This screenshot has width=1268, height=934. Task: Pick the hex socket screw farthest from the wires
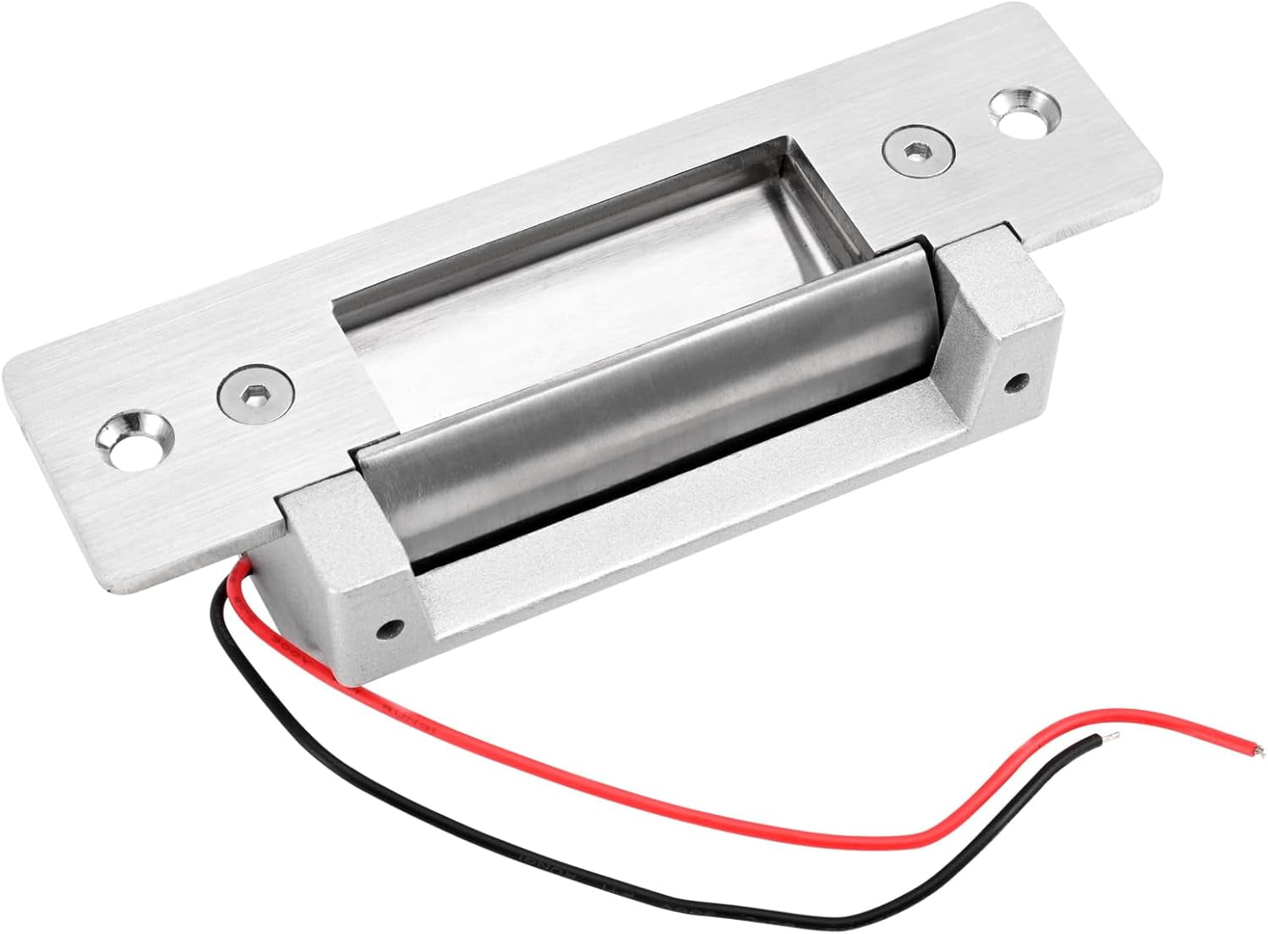coord(920,151)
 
